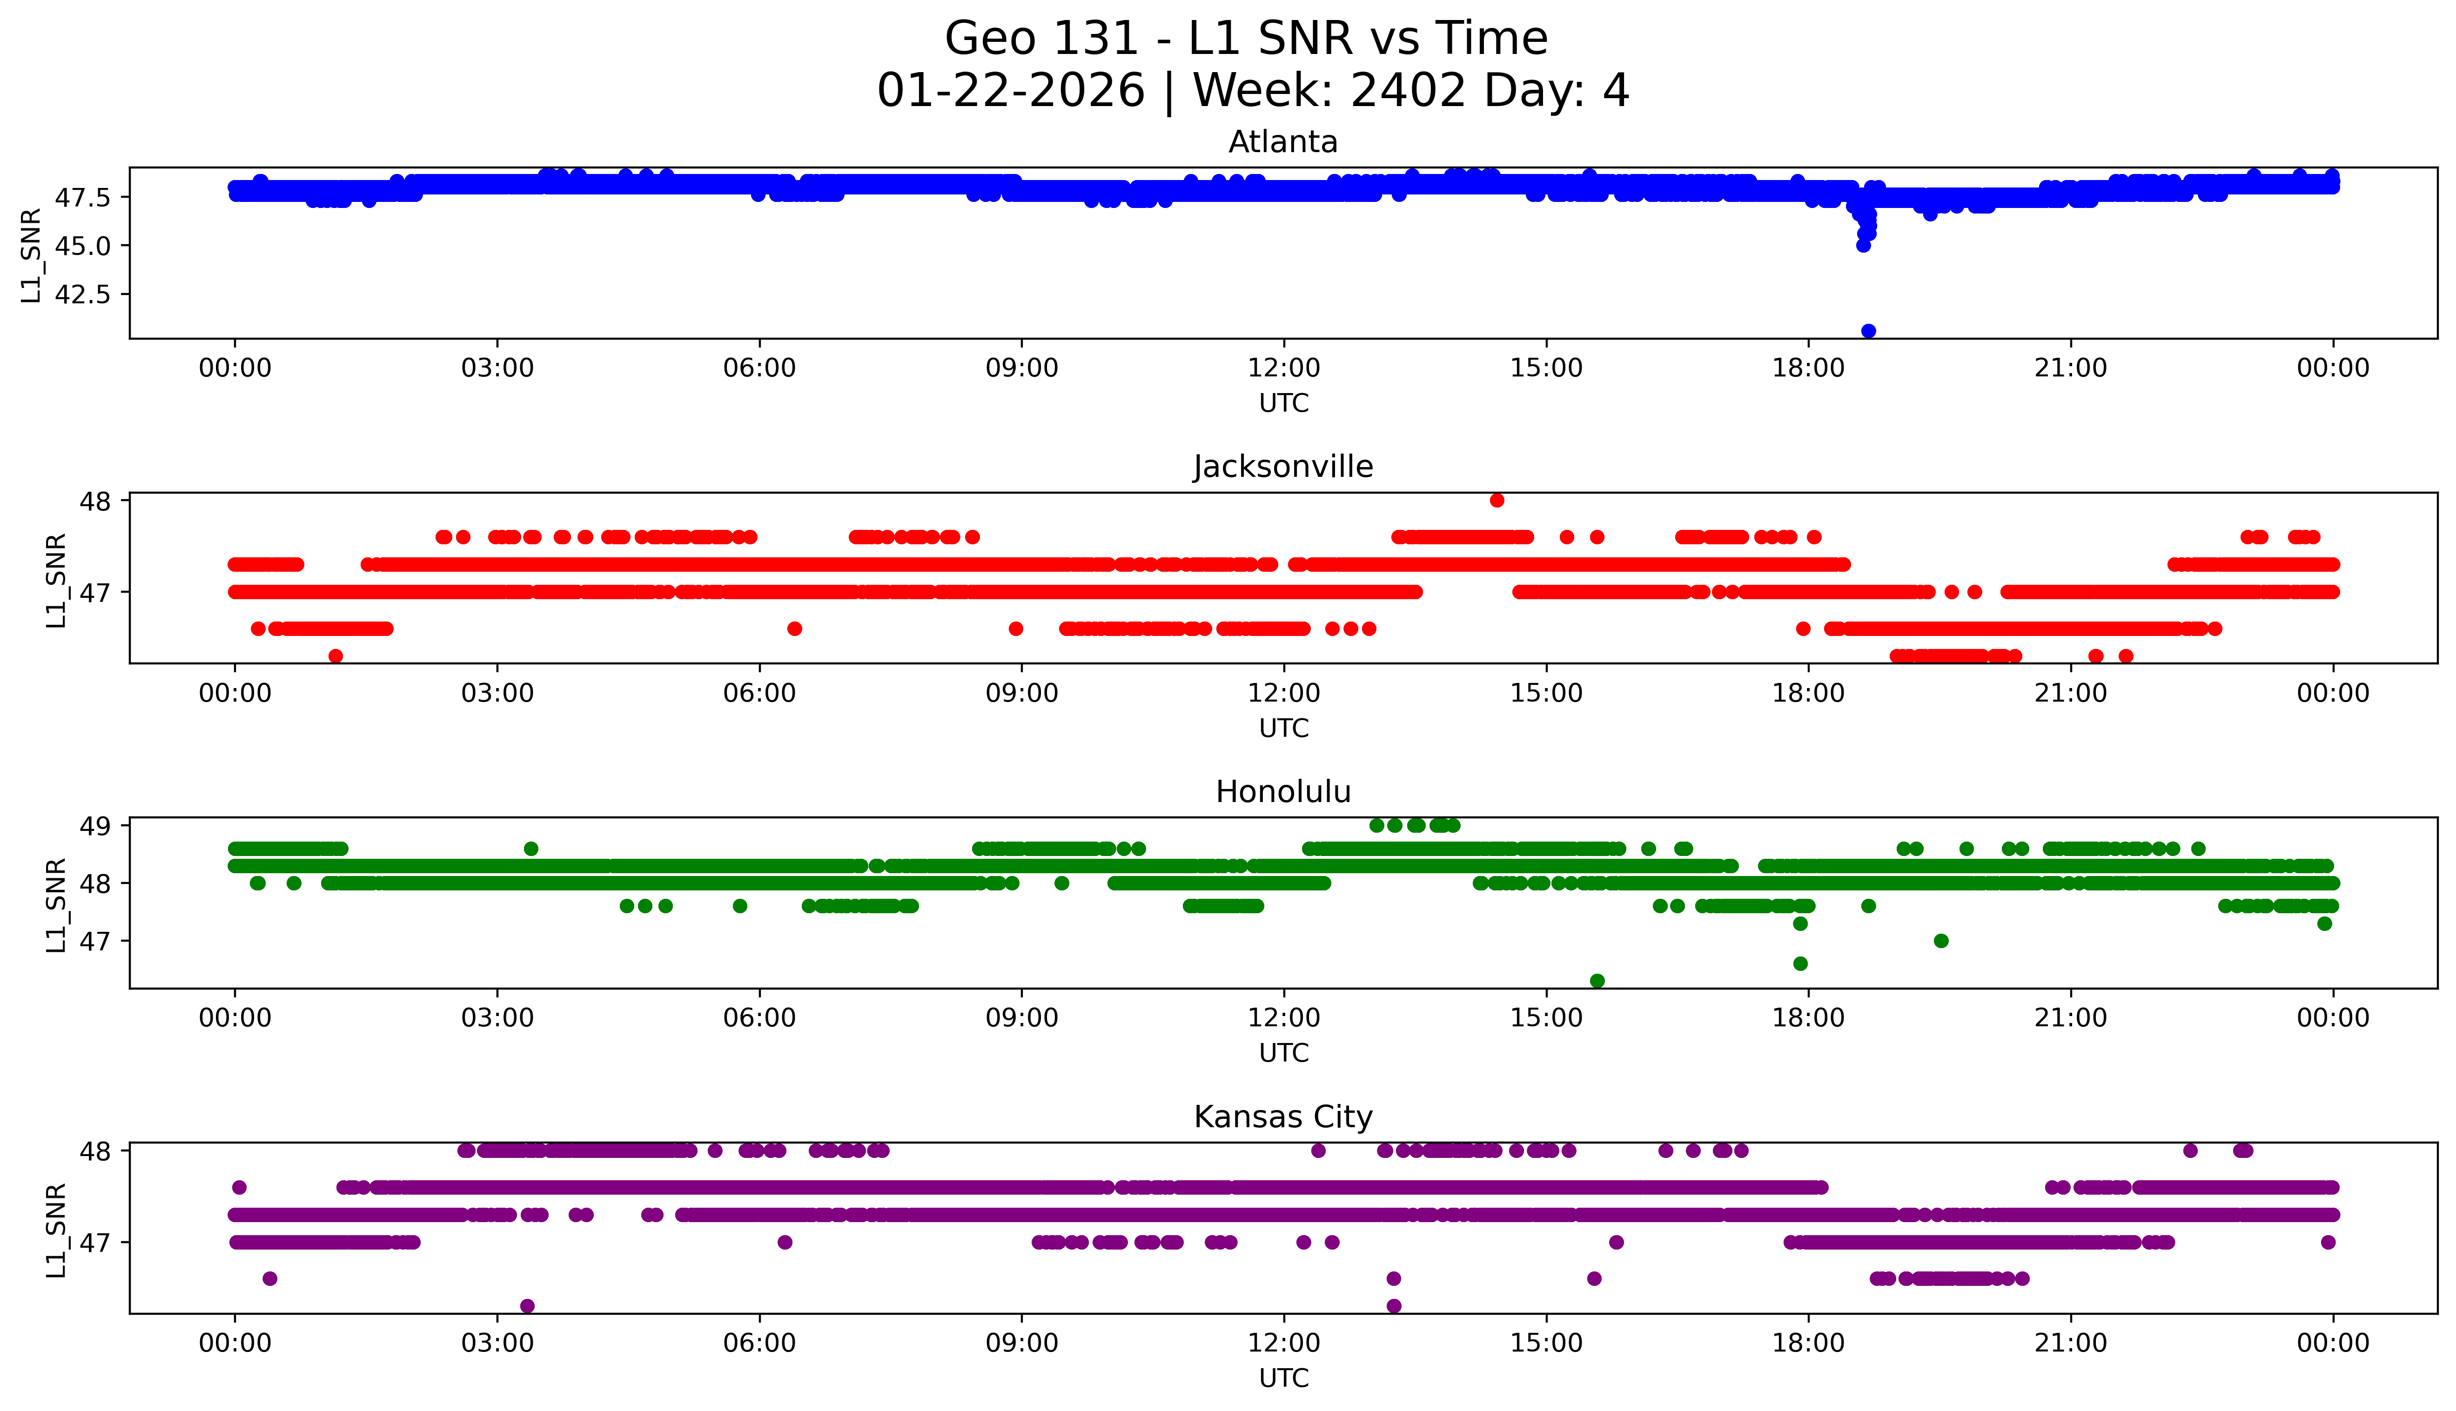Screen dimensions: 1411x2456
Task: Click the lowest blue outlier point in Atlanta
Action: coord(1868,330)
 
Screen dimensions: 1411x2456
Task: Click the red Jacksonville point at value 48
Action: coord(1496,500)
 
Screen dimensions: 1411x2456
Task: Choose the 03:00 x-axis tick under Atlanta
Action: coord(497,368)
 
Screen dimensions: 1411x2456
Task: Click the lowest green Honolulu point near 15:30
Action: coord(1597,981)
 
